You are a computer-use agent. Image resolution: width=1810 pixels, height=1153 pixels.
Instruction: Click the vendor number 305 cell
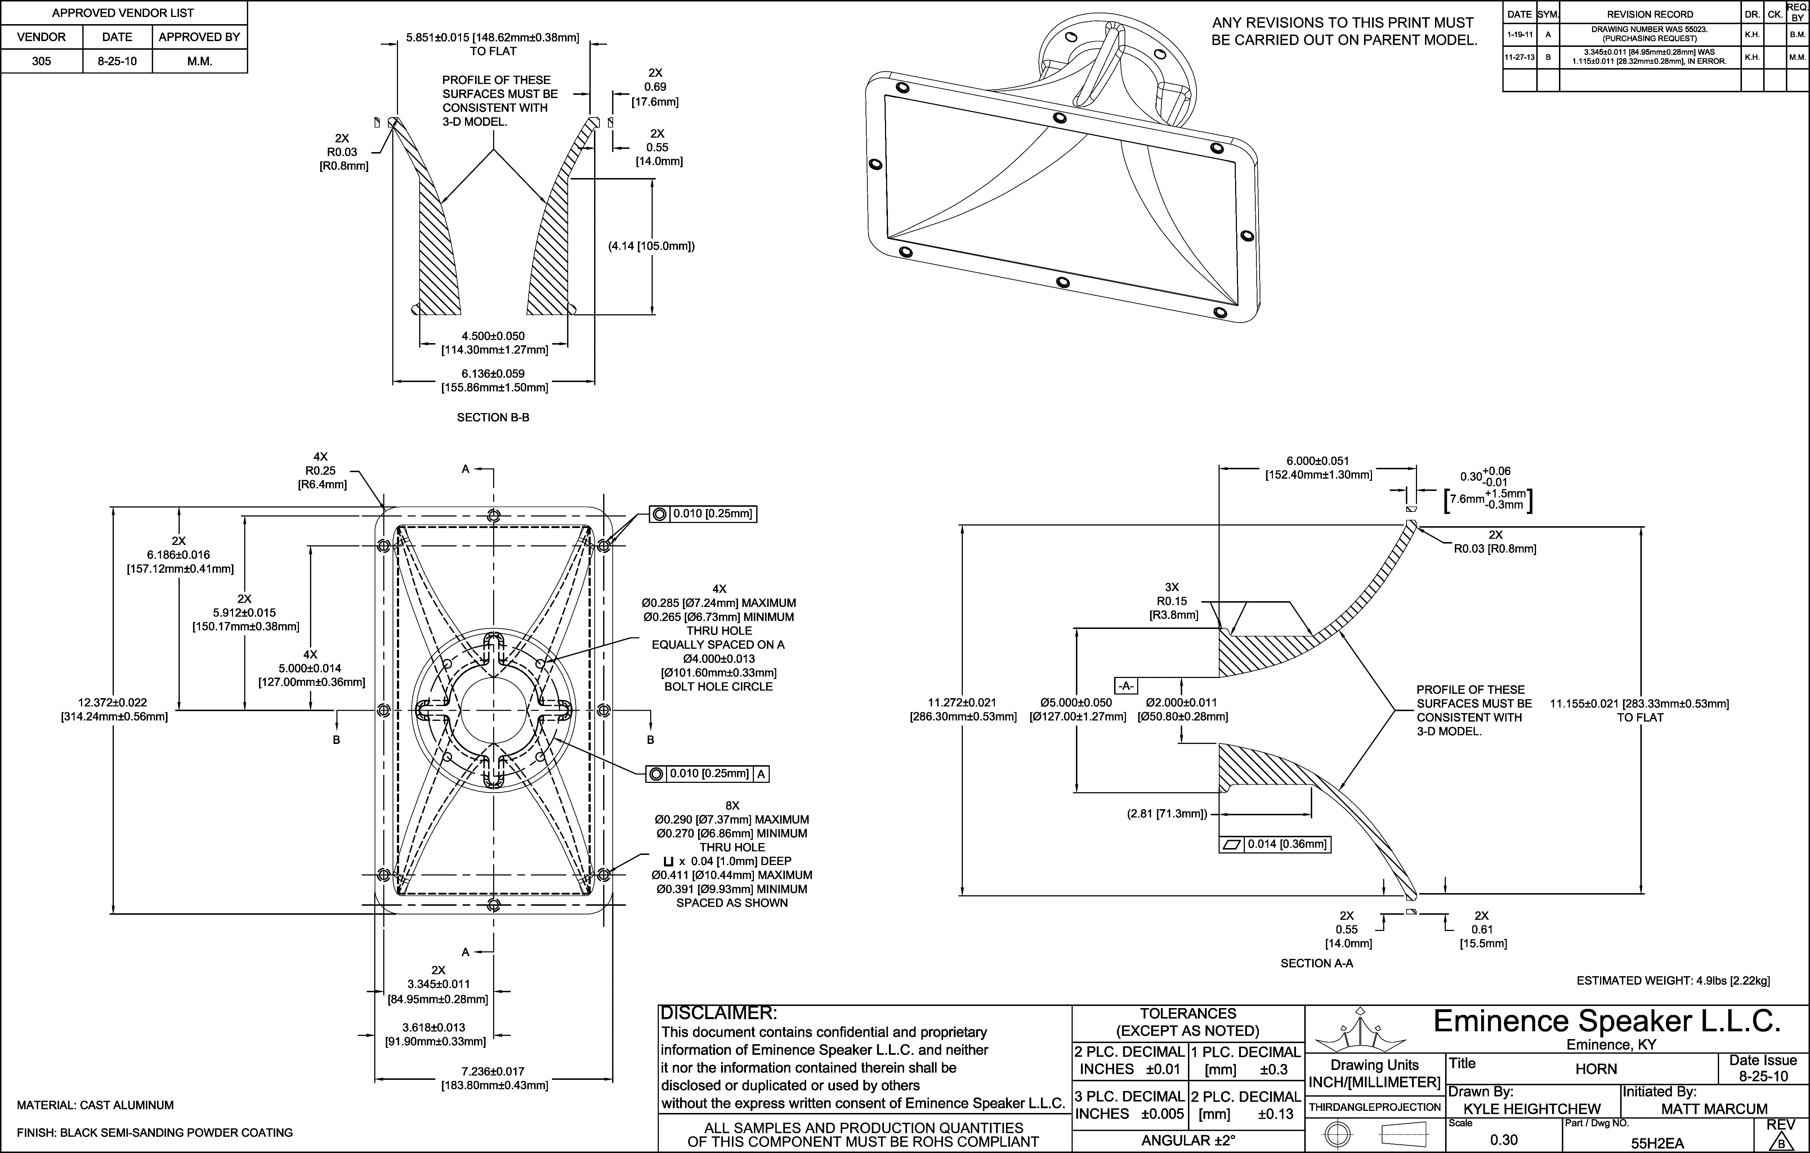[41, 61]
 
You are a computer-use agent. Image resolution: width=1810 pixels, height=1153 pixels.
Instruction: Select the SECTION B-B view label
[493, 417]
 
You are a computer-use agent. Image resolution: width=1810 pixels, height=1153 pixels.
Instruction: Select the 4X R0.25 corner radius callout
[322, 470]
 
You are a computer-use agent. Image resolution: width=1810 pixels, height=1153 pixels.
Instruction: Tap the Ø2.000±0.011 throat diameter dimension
[1183, 709]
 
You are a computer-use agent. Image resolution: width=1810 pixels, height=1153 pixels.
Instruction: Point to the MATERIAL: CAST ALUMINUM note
[95, 1105]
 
